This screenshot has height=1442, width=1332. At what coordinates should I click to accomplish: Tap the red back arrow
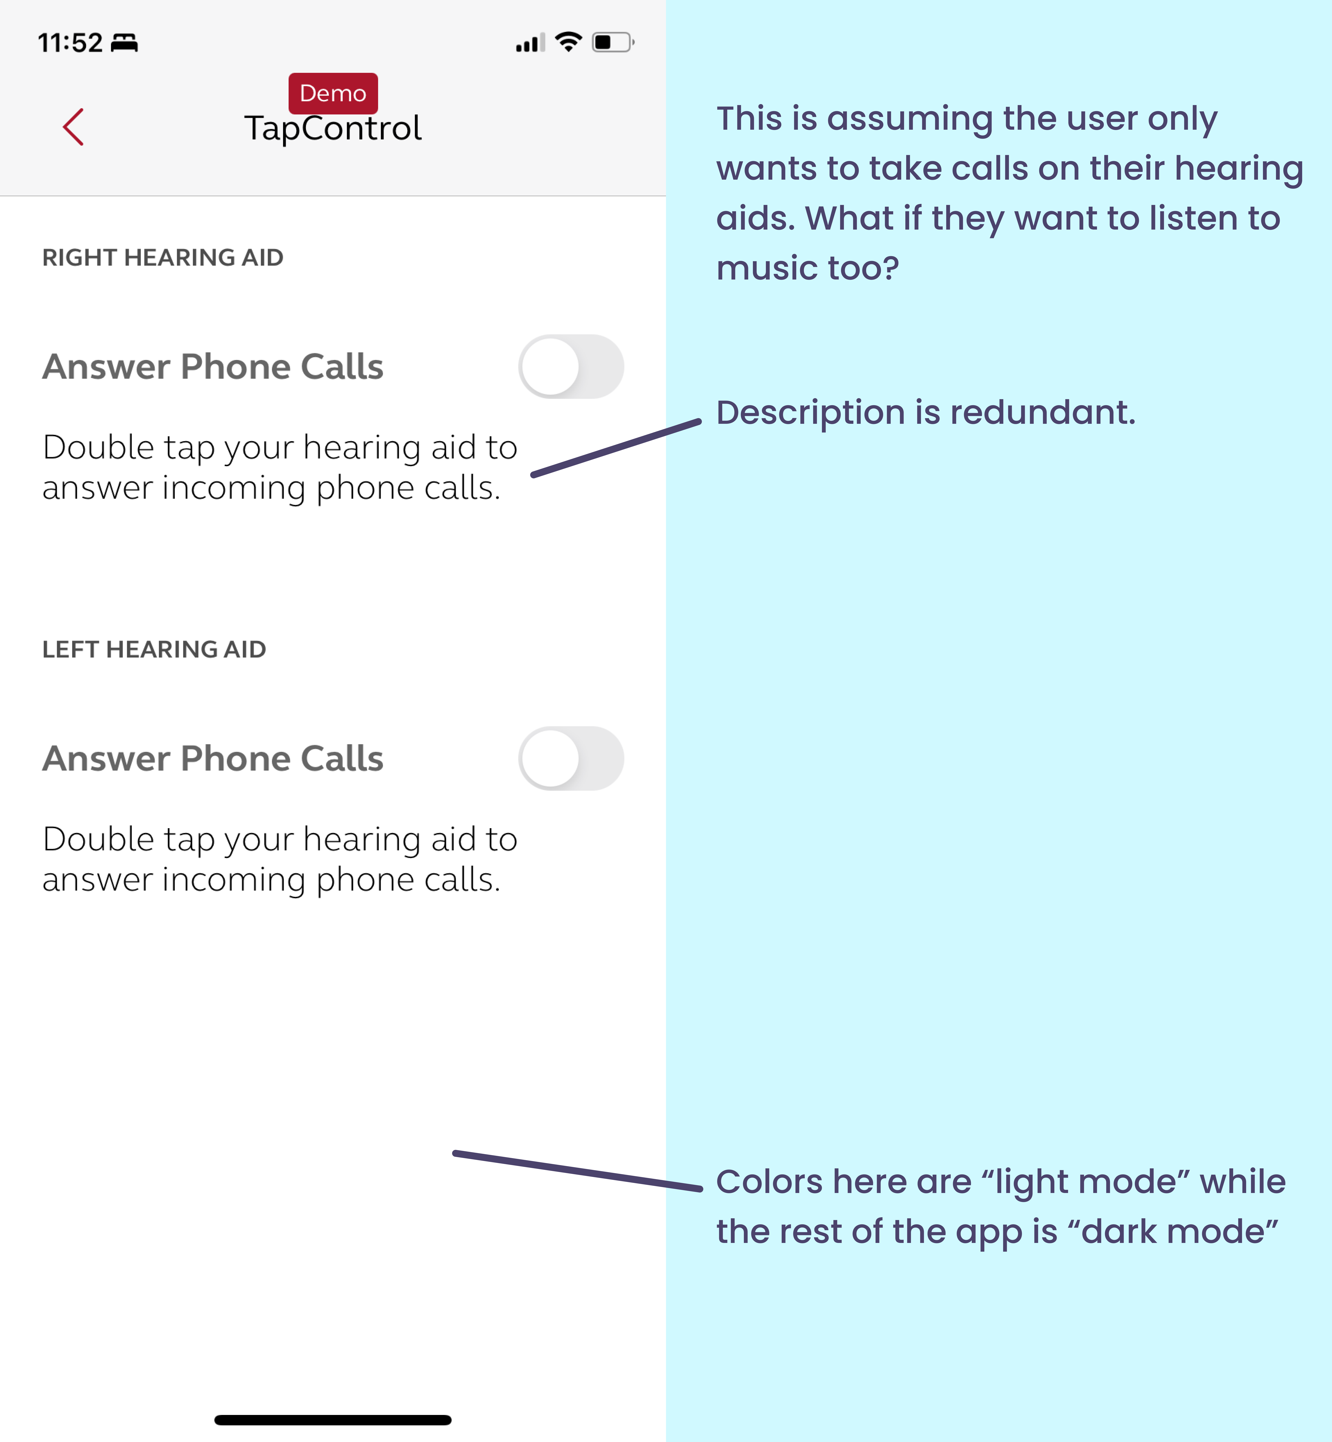point(74,127)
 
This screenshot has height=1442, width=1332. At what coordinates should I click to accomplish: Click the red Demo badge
point(333,93)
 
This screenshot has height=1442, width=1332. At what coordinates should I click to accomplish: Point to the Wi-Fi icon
point(569,42)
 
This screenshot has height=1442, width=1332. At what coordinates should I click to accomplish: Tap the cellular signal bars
point(531,43)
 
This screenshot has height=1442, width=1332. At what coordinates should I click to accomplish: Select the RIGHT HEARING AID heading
point(163,257)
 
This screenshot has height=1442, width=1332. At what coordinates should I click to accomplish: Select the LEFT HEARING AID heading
point(154,649)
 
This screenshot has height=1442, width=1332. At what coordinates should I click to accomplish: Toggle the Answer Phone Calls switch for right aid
point(571,367)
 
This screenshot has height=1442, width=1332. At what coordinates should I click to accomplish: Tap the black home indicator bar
point(333,1420)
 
